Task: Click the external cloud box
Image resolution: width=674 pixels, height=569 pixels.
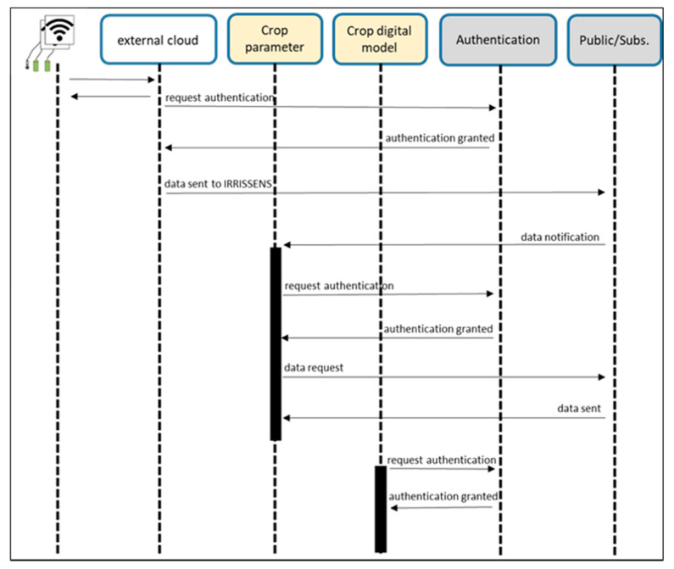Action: (159, 40)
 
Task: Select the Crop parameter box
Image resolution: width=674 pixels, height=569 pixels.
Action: (275, 39)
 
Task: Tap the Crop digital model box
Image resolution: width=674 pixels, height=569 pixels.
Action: (379, 39)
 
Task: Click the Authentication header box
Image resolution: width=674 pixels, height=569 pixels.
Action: (498, 40)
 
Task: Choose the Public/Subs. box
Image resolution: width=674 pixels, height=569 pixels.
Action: (614, 40)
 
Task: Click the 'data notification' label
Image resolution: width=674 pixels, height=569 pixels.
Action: (560, 237)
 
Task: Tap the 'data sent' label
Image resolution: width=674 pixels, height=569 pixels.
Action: (579, 409)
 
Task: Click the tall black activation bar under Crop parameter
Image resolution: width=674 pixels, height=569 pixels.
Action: (276, 343)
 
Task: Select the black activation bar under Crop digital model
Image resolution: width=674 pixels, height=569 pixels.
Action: (381, 509)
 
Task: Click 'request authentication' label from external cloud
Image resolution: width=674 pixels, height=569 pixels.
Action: (220, 98)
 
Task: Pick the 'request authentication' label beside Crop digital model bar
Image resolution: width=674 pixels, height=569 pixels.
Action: (442, 460)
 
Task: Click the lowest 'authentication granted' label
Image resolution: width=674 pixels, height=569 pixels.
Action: (443, 496)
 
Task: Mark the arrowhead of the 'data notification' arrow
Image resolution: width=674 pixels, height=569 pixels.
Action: (287, 245)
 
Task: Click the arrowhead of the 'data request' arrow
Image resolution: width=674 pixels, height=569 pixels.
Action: (602, 377)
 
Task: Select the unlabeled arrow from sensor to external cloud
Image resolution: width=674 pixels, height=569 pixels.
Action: (112, 80)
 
